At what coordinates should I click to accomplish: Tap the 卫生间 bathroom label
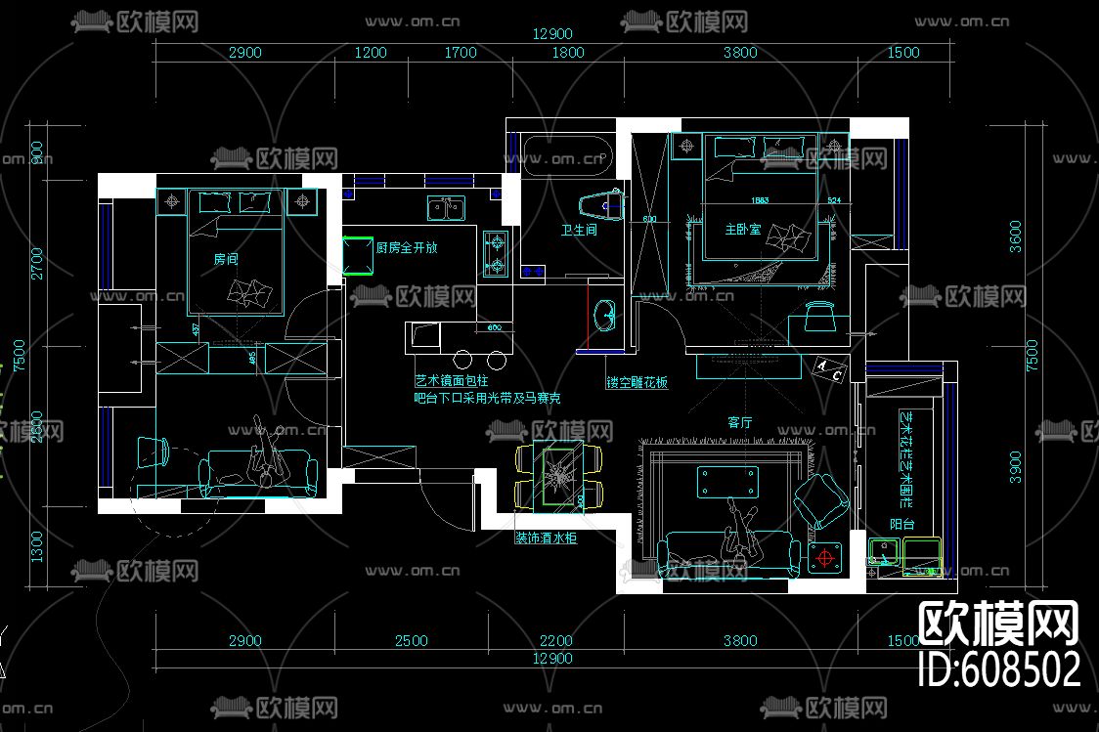coord(579,231)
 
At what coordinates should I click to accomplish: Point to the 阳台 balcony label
coord(901,525)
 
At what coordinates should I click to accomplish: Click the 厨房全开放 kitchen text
coord(407,248)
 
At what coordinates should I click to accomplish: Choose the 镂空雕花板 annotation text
coord(637,383)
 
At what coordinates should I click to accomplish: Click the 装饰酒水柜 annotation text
coord(546,538)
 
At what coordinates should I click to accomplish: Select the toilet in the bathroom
coord(599,205)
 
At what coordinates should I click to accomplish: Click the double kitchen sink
coord(443,208)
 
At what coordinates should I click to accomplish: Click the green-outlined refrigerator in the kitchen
coord(357,257)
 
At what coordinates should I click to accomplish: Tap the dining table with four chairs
coord(558,475)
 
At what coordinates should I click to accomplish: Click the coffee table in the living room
coord(727,481)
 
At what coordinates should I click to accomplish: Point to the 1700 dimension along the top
coord(461,53)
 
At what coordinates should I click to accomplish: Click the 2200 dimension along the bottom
coord(555,641)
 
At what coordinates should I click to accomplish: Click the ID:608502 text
coord(1001,669)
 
